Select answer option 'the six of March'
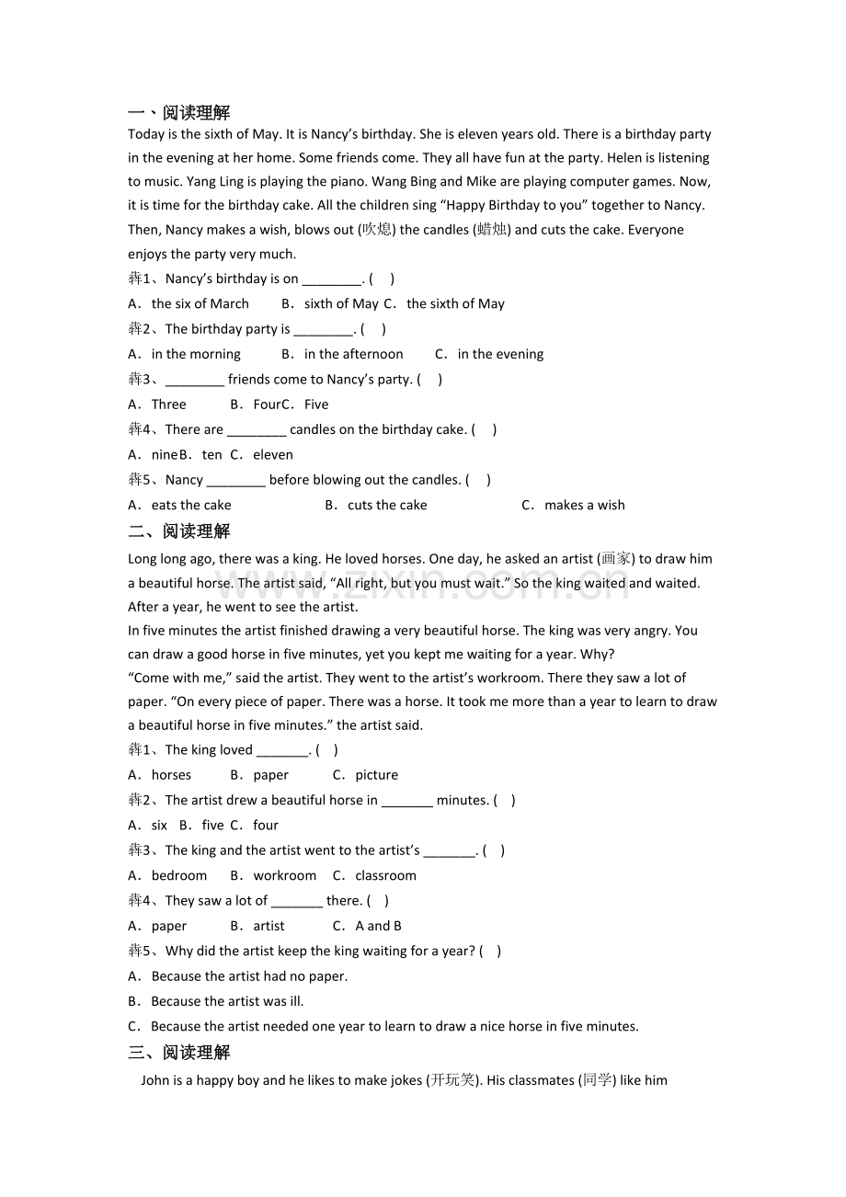click(200, 303)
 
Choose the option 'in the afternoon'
click(353, 354)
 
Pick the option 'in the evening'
click(500, 354)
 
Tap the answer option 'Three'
click(168, 405)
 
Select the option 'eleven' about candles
click(273, 455)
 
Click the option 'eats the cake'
click(191, 505)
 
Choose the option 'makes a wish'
click(584, 505)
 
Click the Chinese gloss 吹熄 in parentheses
click(377, 230)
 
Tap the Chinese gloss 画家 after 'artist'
click(616, 559)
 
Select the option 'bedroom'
click(179, 875)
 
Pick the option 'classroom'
click(385, 875)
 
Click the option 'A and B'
click(378, 926)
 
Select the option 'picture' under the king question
click(376, 775)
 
